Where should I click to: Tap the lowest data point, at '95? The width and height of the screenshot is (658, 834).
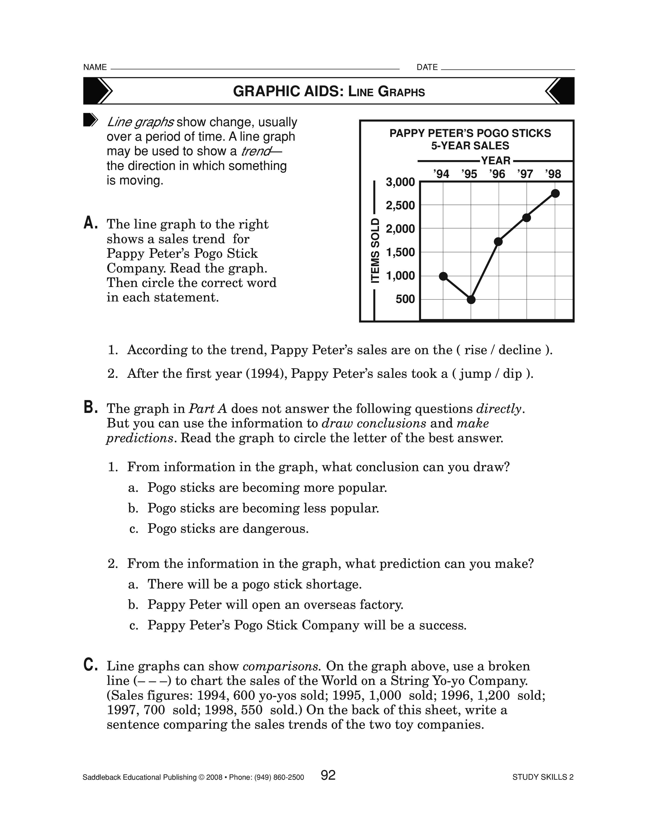pos(471,299)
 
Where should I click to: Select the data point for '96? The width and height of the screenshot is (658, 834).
pos(498,242)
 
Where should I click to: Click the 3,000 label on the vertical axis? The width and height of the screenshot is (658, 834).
pos(400,182)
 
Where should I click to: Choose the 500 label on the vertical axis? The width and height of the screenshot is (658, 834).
pos(405,299)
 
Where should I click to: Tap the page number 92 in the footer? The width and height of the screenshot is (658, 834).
pos(328,775)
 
